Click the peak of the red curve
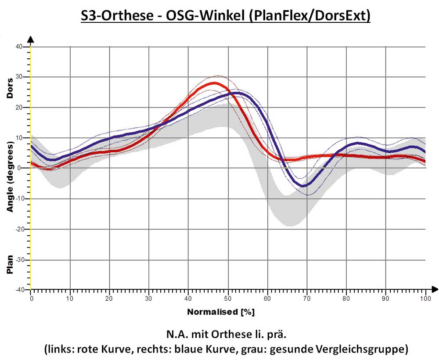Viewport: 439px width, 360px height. [x=215, y=83]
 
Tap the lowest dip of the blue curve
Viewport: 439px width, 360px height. [x=303, y=186]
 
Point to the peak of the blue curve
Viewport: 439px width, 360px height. [x=236, y=93]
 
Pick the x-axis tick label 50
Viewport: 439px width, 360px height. [x=228, y=298]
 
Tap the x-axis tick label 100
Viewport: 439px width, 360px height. [x=425, y=298]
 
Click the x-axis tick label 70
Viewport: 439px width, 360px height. [x=307, y=298]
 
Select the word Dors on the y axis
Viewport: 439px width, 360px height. [x=10, y=88]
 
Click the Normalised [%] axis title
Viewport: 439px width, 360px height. [x=221, y=312]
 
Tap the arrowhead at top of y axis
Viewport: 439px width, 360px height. [x=30, y=39]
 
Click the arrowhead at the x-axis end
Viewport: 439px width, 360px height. [x=434, y=289]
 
